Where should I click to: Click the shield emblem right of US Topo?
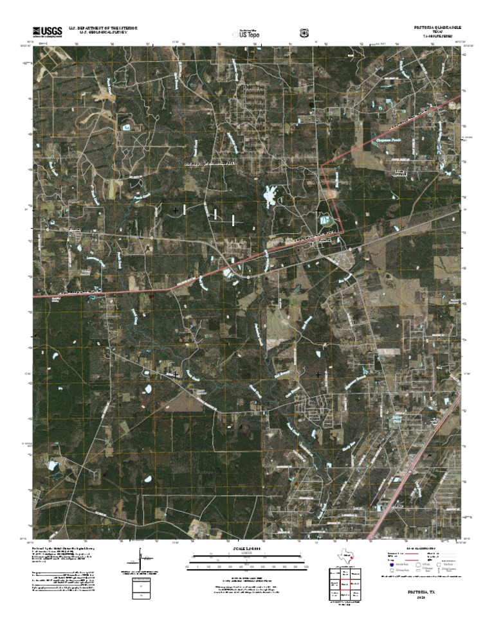click(x=304, y=31)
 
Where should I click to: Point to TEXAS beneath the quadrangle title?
click(x=437, y=32)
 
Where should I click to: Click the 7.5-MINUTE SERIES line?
click(x=437, y=37)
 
